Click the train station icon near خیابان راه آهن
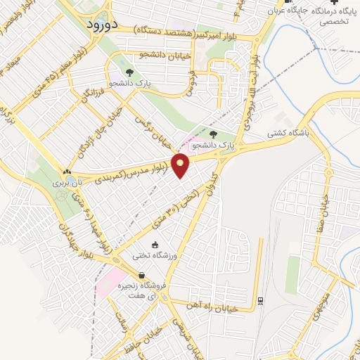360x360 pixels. coord(259,302)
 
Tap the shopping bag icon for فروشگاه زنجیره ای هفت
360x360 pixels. coord(141,276)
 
